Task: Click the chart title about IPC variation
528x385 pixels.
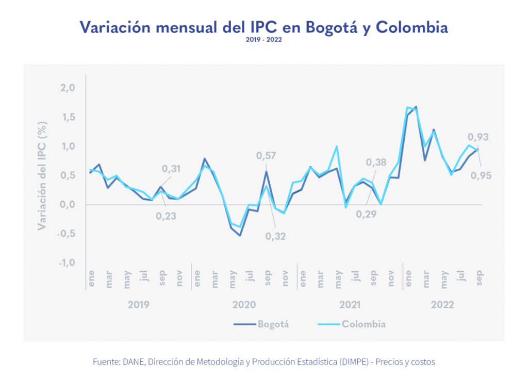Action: click(263, 27)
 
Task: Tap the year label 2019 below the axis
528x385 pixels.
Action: click(138, 305)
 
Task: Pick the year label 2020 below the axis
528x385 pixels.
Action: click(244, 305)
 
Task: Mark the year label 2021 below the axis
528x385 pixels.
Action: click(349, 305)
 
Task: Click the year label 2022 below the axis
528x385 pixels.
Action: click(442, 305)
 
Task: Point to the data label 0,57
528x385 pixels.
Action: click(267, 155)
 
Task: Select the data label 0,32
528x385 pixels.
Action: click(276, 236)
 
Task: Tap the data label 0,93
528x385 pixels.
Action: click(478, 137)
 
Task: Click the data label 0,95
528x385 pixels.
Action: click(481, 176)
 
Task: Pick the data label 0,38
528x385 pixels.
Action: click(376, 163)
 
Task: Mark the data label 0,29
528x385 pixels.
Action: click(366, 214)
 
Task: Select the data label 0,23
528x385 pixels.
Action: click(166, 216)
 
